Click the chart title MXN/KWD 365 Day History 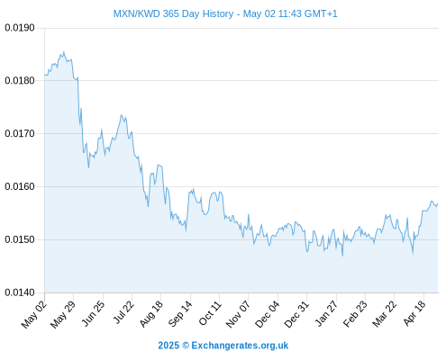(x=173, y=13)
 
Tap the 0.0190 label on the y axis (x=20, y=28)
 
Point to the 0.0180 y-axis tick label (x=20, y=81)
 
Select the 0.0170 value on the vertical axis (x=20, y=133)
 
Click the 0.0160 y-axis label (x=20, y=186)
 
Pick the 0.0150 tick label (x=20, y=239)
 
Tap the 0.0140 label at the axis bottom (x=20, y=292)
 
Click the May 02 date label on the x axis (x=34, y=314)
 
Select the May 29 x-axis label (x=63, y=314)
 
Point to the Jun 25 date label (x=93, y=313)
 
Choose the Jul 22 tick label (x=123, y=312)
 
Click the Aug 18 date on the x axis (x=151, y=313)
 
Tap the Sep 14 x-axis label (x=180, y=313)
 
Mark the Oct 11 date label (x=210, y=313)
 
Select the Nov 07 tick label (x=238, y=314)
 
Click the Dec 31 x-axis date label (x=296, y=314)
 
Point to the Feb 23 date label (x=355, y=313)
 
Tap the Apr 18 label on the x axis (x=414, y=313)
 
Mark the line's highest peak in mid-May (x=64, y=51)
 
